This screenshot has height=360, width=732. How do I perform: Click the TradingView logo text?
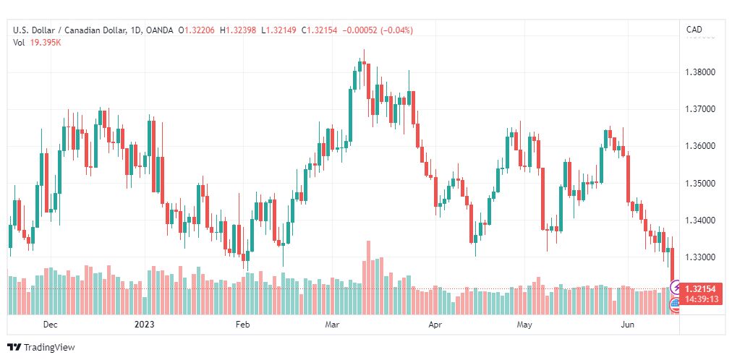pyautogui.click(x=49, y=348)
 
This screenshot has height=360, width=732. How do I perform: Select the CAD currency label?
pyautogui.click(x=694, y=30)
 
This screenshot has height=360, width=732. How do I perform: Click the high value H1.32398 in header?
pyautogui.click(x=238, y=30)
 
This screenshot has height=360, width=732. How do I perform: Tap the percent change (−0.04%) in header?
pyautogui.click(x=397, y=30)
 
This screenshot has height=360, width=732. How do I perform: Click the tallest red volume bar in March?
pyautogui.click(x=368, y=278)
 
